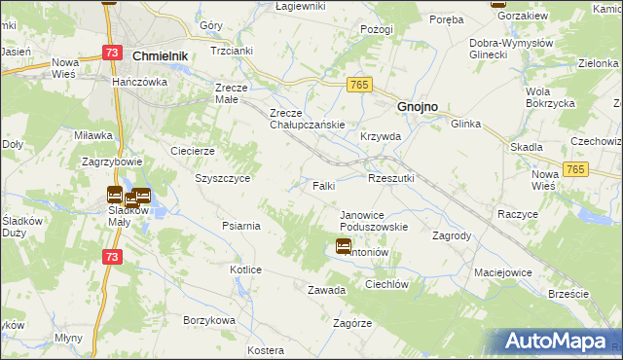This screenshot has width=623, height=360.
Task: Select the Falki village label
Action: [x=324, y=185]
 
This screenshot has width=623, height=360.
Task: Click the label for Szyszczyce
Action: [x=224, y=179]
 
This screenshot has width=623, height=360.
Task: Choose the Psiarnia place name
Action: [x=240, y=226]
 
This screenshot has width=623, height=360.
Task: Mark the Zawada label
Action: [x=327, y=290]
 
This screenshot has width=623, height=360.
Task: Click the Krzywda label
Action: [x=381, y=137]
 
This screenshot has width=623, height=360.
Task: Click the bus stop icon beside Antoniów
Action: [x=344, y=246]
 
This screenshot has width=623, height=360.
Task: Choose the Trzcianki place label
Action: [x=231, y=50]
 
